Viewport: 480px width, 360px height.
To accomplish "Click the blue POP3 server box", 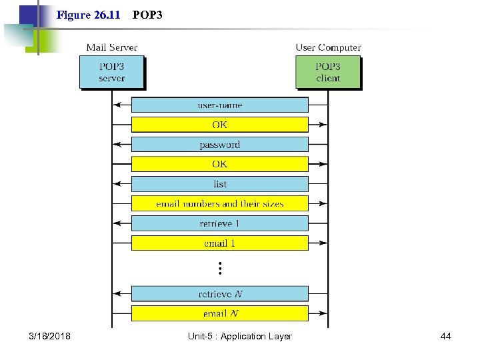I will (x=111, y=72).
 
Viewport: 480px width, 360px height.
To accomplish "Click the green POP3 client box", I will (x=327, y=72).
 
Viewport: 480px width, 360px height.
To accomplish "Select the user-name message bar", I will (x=219, y=105).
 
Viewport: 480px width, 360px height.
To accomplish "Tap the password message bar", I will (x=219, y=145).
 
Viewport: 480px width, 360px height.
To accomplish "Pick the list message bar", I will (x=219, y=184).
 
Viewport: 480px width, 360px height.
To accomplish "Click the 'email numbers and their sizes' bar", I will (x=219, y=203).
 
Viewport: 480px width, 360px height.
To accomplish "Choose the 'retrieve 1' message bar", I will (x=219, y=223).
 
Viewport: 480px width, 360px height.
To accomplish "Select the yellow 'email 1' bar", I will (x=219, y=243).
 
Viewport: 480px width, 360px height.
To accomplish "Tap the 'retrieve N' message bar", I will (x=219, y=293).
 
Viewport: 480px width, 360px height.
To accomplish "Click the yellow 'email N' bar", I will (x=219, y=313).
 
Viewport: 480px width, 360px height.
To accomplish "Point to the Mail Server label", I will (x=111, y=47).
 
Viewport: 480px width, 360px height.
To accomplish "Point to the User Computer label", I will (x=328, y=47).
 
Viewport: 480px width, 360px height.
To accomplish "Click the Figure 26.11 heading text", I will (x=88, y=14).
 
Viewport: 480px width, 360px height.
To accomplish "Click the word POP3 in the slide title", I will (x=147, y=14).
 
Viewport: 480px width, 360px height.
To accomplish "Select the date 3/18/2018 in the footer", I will (x=49, y=336).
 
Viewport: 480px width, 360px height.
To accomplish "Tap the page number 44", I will (x=445, y=336).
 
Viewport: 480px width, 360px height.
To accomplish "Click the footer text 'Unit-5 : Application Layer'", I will (x=239, y=336).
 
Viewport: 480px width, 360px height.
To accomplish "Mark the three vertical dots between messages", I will (x=219, y=268).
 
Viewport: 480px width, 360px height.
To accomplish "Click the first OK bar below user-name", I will (x=219, y=125).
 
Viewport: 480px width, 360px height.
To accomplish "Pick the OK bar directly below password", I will (x=219, y=164).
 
